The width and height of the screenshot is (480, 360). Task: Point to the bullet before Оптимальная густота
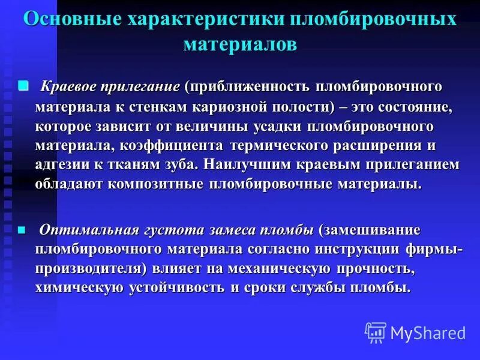tap(23, 229)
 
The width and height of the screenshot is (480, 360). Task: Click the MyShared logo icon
tap(376, 332)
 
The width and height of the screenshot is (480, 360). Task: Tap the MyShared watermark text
tap(428, 332)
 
